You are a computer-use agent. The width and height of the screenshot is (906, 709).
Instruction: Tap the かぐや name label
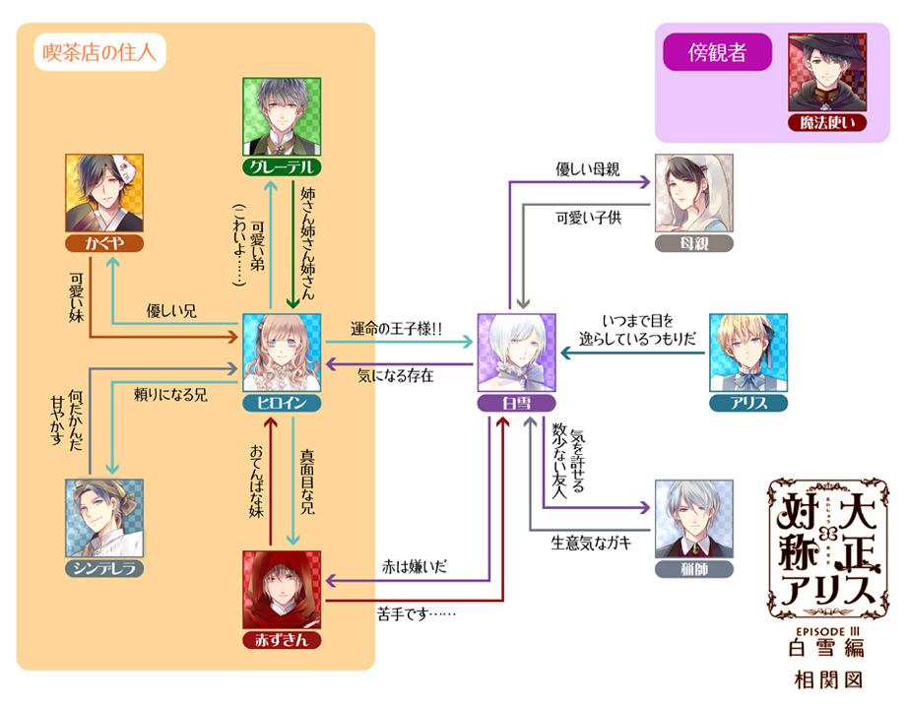pyautogui.click(x=102, y=242)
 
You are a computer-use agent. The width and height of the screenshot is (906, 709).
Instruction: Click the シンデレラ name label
pyautogui.click(x=103, y=569)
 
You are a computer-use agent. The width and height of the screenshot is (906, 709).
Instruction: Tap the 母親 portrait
pyautogui.click(x=694, y=195)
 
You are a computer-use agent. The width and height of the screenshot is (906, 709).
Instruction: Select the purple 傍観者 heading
pyautogui.click(x=718, y=54)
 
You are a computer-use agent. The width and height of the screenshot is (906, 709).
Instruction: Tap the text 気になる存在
pyautogui.click(x=396, y=375)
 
